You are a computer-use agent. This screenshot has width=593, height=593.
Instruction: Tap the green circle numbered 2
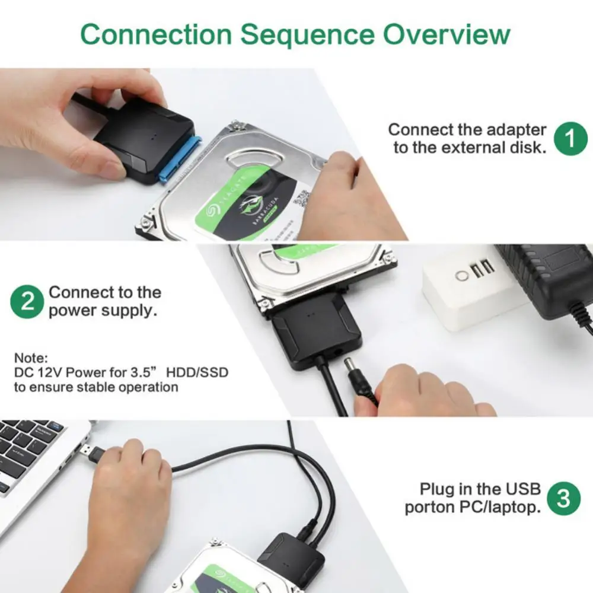pyautogui.click(x=27, y=301)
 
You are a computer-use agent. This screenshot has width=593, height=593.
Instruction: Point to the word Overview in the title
pyautogui.click(x=446, y=35)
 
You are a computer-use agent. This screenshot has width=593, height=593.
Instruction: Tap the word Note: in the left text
pyautogui.click(x=30, y=358)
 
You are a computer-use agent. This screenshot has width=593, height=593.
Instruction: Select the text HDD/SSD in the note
pyautogui.click(x=197, y=373)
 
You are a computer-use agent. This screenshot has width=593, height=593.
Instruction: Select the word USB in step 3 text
pyautogui.click(x=522, y=489)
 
